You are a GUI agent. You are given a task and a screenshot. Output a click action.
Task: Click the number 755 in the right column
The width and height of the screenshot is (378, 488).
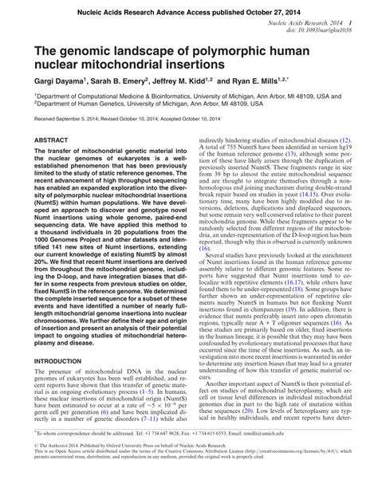(x=234, y=147)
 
